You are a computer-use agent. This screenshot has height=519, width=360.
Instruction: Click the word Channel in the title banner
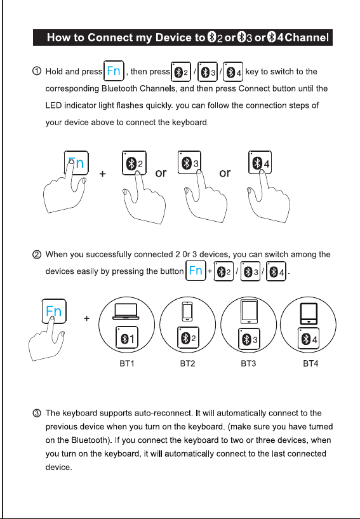tap(307, 37)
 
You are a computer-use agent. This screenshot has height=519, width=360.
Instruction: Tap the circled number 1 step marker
tap(37, 71)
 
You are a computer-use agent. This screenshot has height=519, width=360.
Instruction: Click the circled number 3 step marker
tap(37, 413)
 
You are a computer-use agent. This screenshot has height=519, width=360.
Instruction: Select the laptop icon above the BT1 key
tap(126, 311)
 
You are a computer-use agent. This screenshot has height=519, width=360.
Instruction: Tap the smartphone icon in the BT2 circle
tap(187, 312)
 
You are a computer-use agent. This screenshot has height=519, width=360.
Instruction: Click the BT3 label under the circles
tap(248, 363)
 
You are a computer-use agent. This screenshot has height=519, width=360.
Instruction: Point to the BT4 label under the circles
tap(310, 363)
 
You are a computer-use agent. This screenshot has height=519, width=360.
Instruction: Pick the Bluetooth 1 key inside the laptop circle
tap(127, 337)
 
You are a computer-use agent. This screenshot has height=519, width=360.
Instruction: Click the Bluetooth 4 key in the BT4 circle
tap(309, 339)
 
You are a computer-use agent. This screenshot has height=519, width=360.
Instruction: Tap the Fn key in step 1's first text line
tap(114, 71)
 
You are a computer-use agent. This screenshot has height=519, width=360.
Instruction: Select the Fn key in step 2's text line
tap(196, 271)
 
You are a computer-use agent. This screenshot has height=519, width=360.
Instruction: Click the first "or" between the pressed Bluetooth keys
tap(161, 173)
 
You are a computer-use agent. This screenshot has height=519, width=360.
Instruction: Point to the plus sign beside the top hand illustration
tap(103, 173)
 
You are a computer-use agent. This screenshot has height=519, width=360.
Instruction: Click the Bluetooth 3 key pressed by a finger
tap(189, 163)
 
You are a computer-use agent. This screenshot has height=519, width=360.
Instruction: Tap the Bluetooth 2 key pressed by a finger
tap(134, 163)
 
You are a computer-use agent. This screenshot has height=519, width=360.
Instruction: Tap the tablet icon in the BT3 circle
tap(249, 312)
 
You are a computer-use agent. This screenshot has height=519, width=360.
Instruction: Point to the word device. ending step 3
tap(58, 468)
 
